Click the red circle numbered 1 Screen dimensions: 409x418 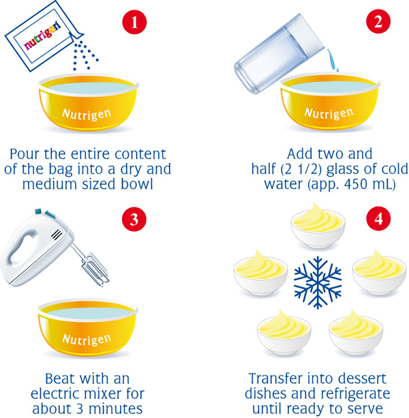click(134, 22)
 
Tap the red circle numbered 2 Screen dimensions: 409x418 click(378, 22)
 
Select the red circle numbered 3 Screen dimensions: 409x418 click(134, 219)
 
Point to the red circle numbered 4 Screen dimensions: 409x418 click(378, 219)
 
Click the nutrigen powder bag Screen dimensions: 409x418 click(44, 37)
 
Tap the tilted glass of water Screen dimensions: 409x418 click(279, 53)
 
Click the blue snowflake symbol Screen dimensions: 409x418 click(318, 282)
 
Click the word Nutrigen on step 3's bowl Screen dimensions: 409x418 click(87, 340)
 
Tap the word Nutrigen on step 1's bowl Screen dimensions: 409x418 click(87, 115)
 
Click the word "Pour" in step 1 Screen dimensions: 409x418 click(25, 154)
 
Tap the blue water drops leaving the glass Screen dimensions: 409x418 click(333, 60)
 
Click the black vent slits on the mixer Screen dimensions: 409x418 click(57, 235)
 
